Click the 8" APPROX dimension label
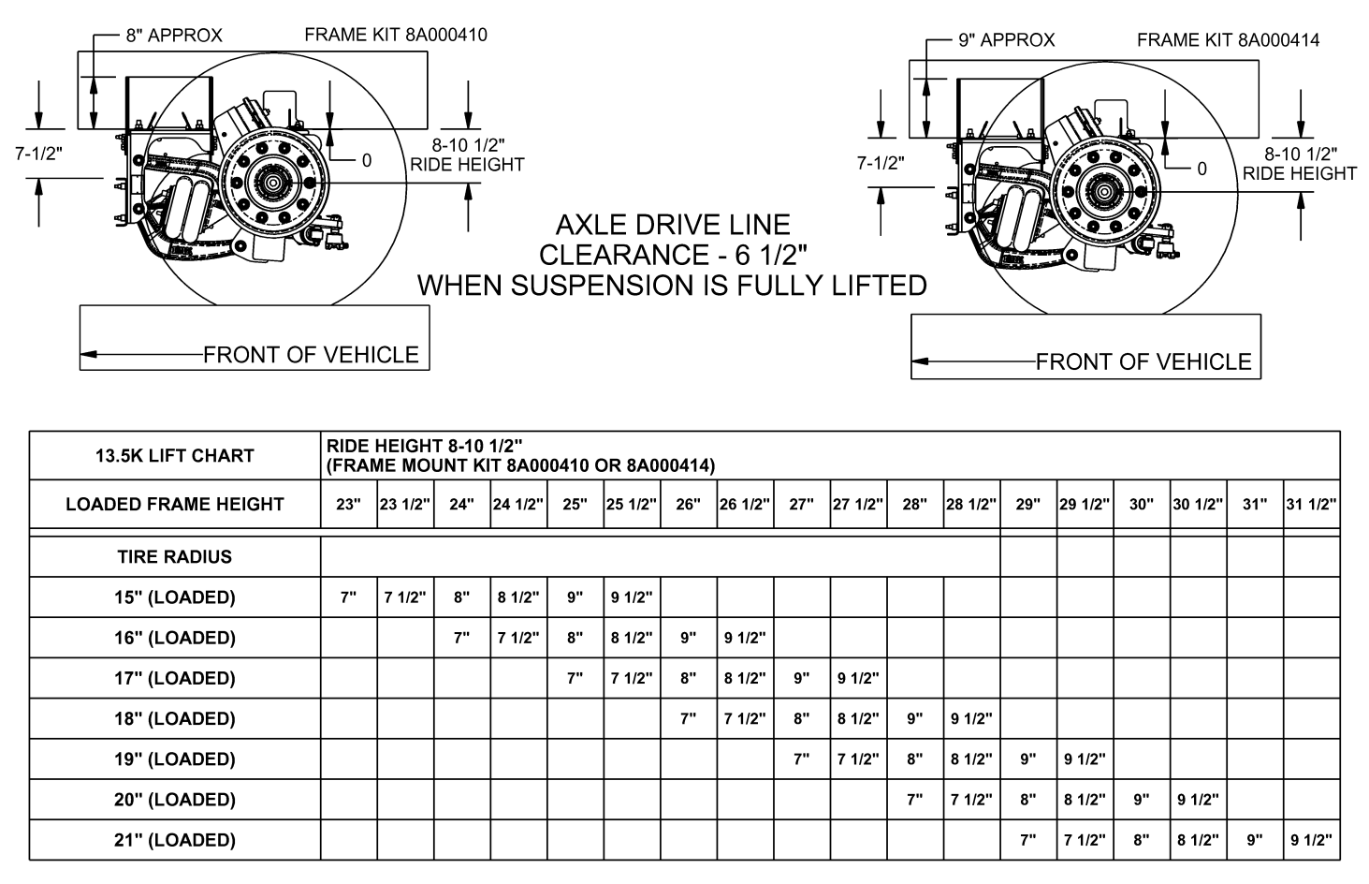(x=174, y=36)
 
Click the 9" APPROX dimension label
(x=1007, y=40)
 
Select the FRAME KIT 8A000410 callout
(x=396, y=35)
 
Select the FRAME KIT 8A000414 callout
(x=1229, y=40)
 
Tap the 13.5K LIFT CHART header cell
(x=175, y=456)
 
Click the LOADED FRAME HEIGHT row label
(x=175, y=504)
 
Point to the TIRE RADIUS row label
(x=175, y=556)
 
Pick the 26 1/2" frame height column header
(x=745, y=504)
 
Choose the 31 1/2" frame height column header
(x=1312, y=504)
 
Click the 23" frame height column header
(x=348, y=504)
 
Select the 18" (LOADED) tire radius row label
(x=175, y=718)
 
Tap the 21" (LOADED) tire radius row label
(x=175, y=840)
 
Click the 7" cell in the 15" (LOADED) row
(x=348, y=597)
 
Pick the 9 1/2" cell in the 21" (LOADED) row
(x=1312, y=840)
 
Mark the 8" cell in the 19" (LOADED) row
(x=915, y=759)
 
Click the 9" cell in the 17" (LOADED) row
(x=801, y=678)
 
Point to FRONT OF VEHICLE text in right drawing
(x=1143, y=362)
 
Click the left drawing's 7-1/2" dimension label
(x=39, y=154)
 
